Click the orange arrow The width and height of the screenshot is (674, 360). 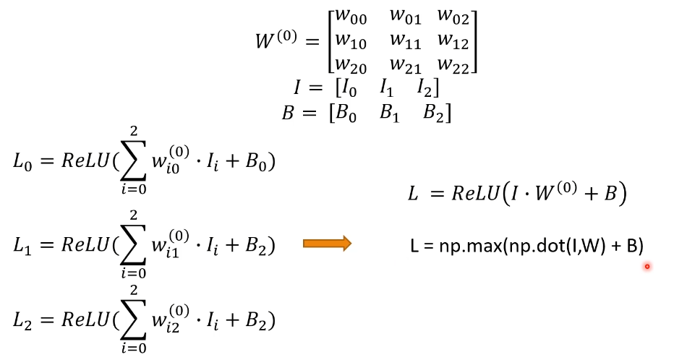coord(327,244)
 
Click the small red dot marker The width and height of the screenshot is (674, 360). coord(647,267)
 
